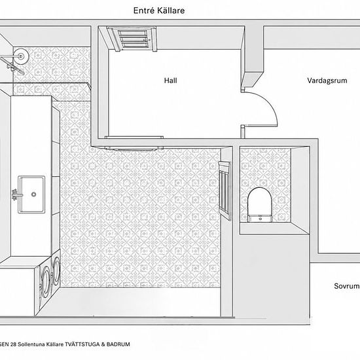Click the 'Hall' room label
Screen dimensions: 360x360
point(170,81)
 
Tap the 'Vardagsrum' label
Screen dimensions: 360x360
point(327,81)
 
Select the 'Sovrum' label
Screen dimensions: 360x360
point(347,286)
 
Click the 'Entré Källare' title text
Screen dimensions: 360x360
point(159,10)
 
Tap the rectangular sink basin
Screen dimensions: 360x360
point(31,194)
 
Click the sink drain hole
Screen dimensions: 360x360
point(34,194)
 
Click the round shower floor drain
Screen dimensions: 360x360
point(21,56)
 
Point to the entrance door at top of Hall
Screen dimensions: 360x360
point(132,39)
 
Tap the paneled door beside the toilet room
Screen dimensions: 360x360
point(225,190)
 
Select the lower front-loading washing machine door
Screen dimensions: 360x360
point(45,281)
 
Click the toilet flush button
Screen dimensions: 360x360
point(261,219)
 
